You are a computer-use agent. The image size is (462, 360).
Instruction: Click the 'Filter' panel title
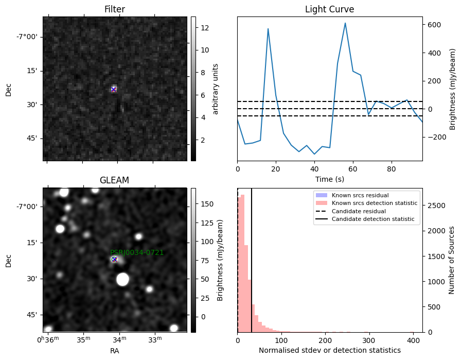pyautogui.click(x=115, y=9)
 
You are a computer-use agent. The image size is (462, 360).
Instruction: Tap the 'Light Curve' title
pyautogui.click(x=329, y=9)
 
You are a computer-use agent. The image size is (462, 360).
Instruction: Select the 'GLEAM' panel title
pyautogui.click(x=114, y=180)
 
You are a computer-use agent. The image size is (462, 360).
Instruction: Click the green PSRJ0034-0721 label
pyautogui.click(x=137, y=252)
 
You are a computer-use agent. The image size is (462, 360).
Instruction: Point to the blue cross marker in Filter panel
pyautogui.click(x=113, y=89)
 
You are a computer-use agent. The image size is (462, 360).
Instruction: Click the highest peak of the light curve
pyautogui.click(x=345, y=23)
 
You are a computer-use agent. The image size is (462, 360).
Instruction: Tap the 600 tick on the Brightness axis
pyautogui.click(x=434, y=25)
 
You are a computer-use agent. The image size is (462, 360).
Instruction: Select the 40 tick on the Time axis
pyautogui.click(x=314, y=169)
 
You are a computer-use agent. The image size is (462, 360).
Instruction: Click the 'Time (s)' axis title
pyautogui.click(x=330, y=179)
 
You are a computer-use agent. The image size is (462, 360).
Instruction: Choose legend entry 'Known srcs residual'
pyautogui.click(x=360, y=195)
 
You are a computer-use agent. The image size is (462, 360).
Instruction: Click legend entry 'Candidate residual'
pyautogui.click(x=359, y=211)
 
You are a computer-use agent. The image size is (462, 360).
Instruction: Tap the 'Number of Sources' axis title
pyautogui.click(x=451, y=261)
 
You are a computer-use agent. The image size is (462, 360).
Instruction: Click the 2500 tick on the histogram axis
pyautogui.click(x=437, y=205)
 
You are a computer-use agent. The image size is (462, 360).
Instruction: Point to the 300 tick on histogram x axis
pyautogui.click(x=368, y=340)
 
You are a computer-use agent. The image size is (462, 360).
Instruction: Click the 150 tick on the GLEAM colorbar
pyautogui.click(x=207, y=204)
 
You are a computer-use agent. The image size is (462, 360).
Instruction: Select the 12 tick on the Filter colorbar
pyautogui.click(x=205, y=28)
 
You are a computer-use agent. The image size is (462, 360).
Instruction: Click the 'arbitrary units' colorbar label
pyautogui.click(x=216, y=89)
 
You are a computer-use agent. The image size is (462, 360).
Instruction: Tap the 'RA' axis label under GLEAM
pyautogui.click(x=115, y=351)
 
